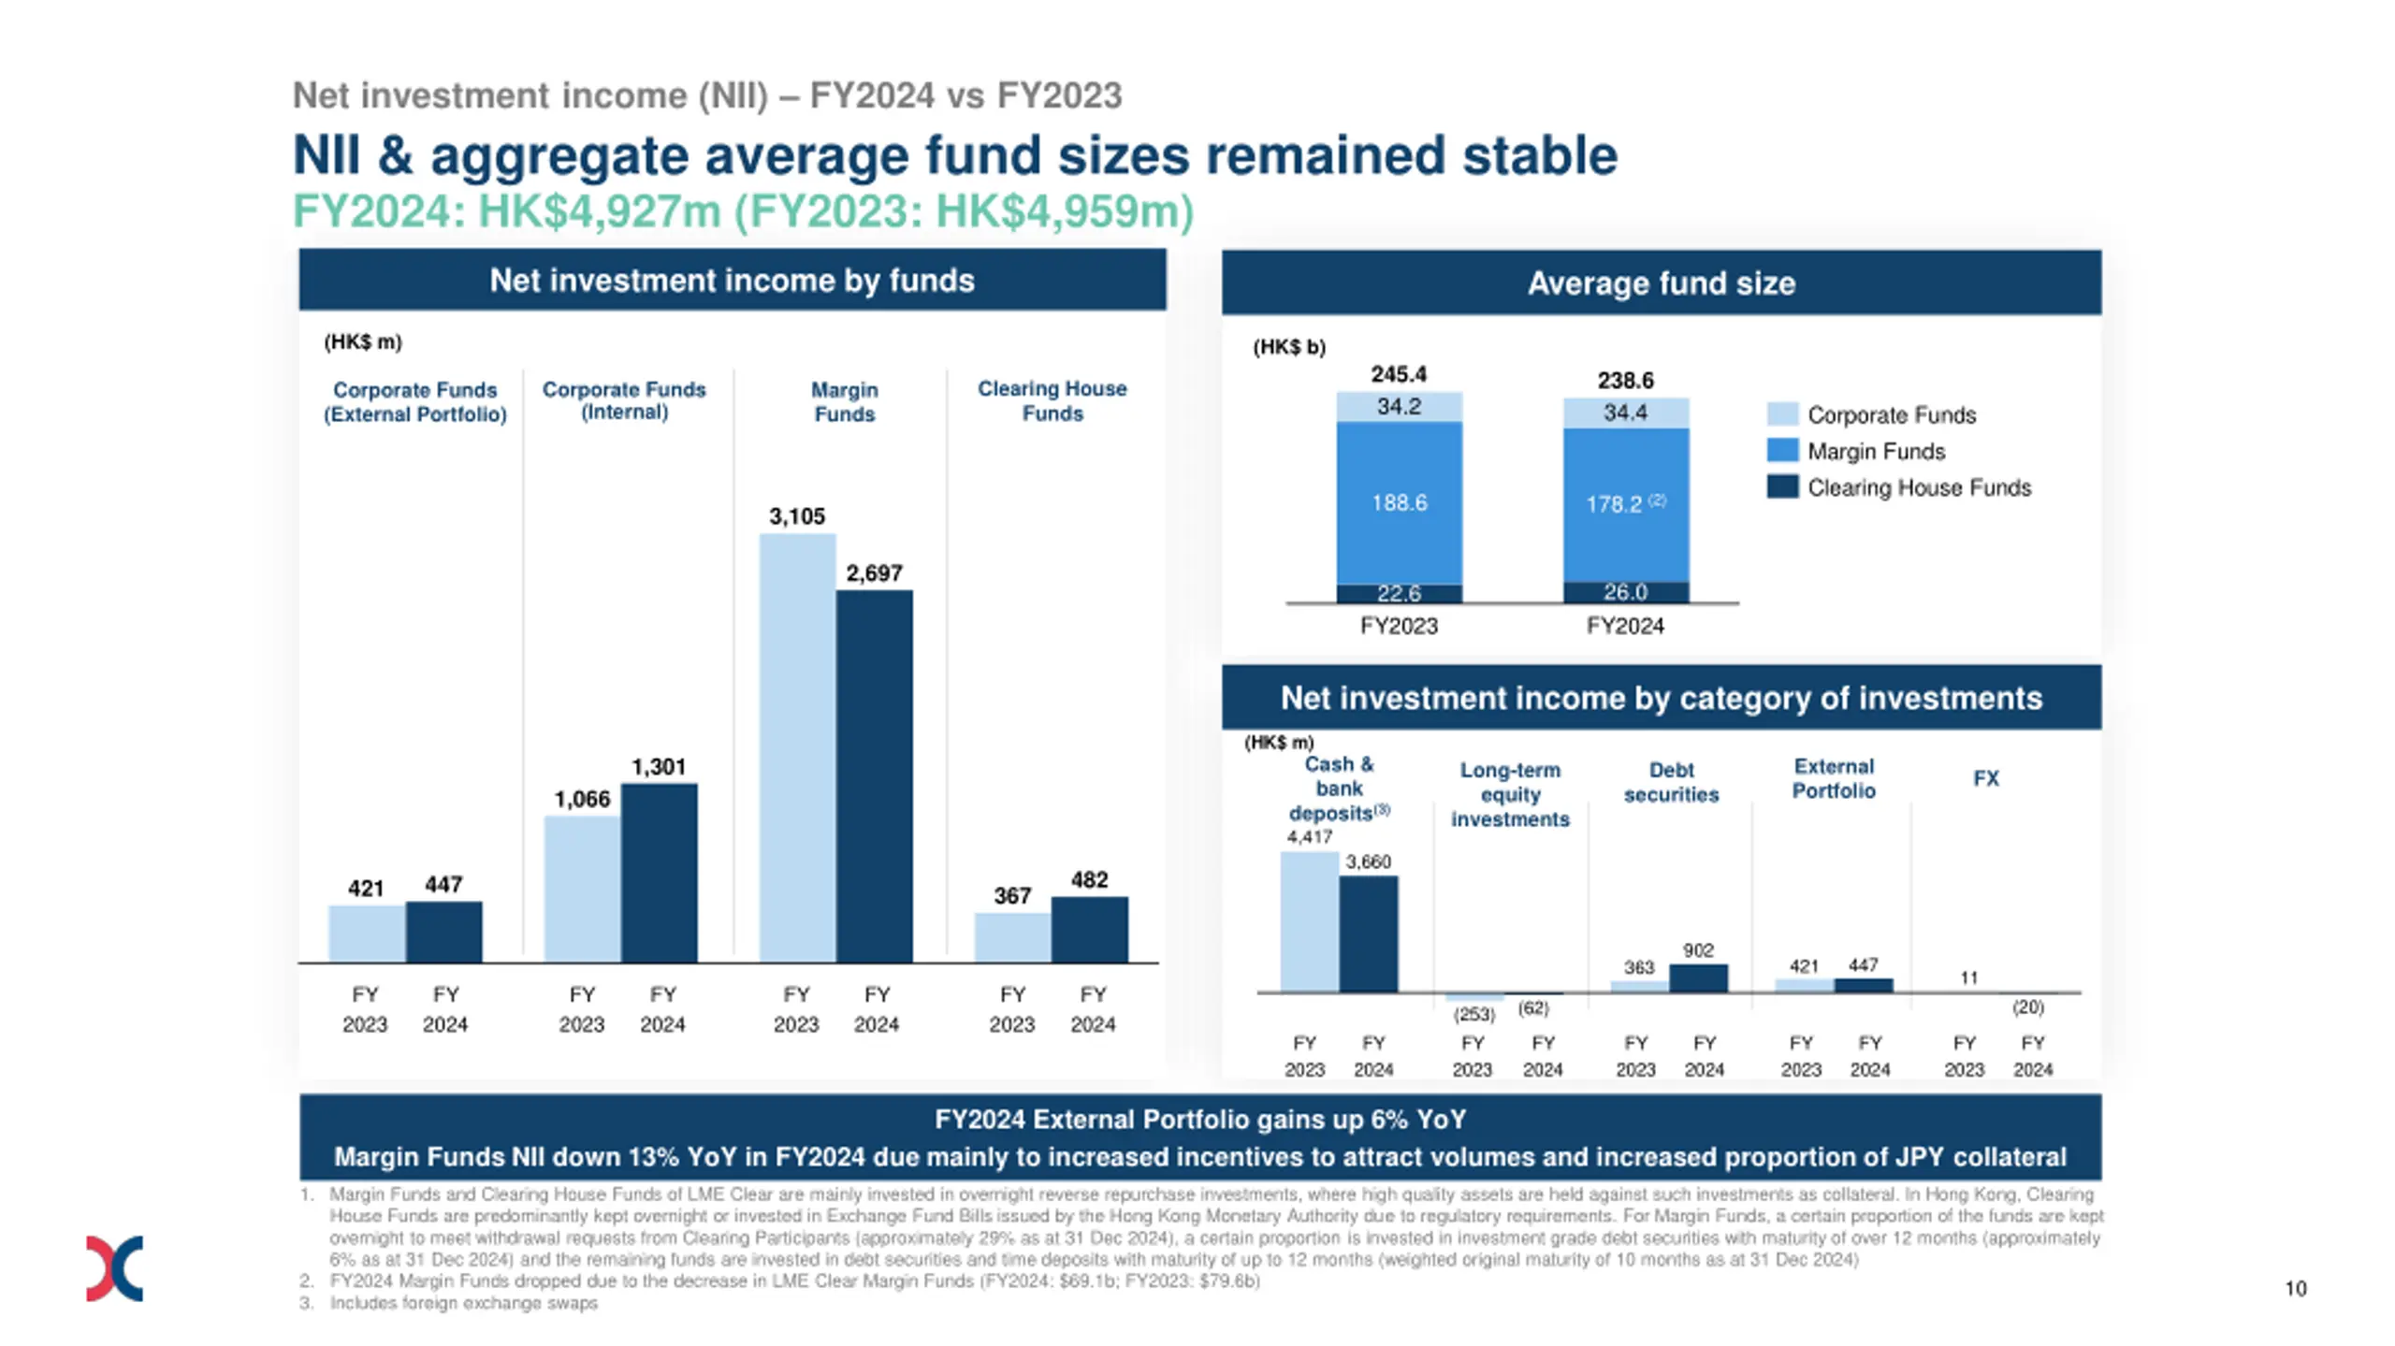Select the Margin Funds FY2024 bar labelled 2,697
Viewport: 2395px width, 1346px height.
coord(874,775)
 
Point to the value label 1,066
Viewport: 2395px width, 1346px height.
coord(582,799)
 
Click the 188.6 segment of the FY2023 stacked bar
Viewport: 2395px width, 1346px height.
coord(1399,502)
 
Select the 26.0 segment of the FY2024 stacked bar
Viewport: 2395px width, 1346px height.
coord(1625,592)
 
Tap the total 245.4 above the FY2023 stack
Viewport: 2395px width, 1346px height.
coord(1399,374)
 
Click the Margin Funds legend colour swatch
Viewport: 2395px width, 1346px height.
coord(1782,451)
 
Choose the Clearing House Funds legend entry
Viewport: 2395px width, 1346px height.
coord(1918,487)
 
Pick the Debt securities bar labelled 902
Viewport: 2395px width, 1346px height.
coord(1698,977)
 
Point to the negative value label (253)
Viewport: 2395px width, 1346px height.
coord(1473,1014)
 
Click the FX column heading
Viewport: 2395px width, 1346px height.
coord(1985,778)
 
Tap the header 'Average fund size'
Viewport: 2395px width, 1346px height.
coord(1661,282)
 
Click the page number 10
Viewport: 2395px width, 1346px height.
coord(2295,1288)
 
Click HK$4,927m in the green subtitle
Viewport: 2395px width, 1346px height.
coord(600,211)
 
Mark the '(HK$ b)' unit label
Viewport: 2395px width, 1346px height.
coord(1289,347)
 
